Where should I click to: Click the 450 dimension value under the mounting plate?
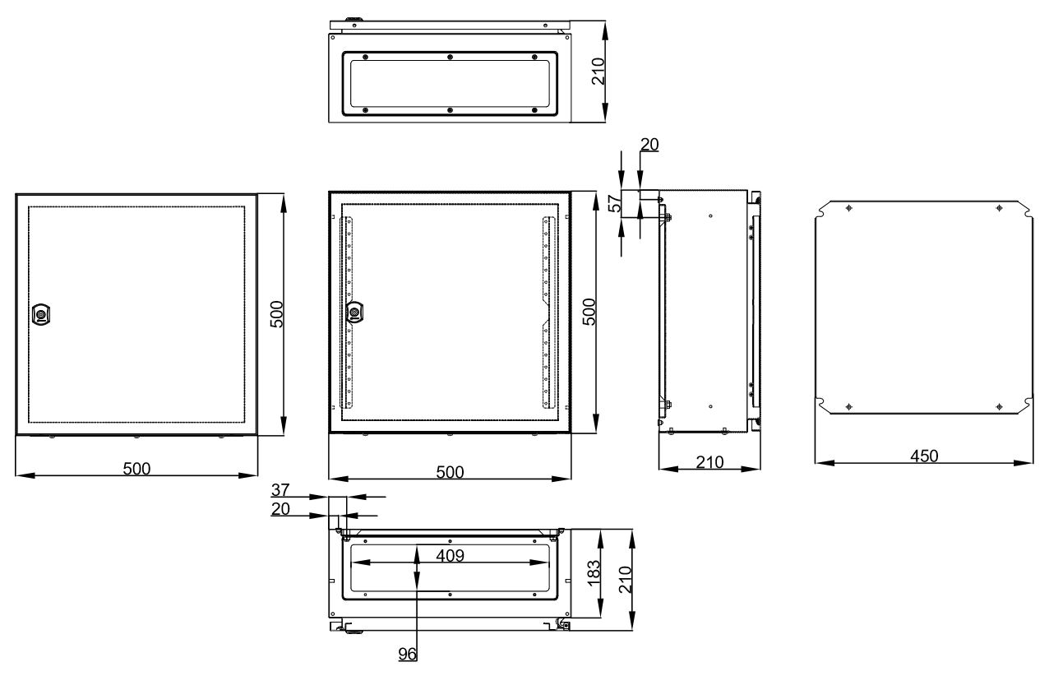coord(924,456)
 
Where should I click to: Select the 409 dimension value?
coord(450,556)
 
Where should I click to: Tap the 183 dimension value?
coord(593,573)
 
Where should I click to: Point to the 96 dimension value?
coord(408,654)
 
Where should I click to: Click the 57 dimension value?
coord(614,204)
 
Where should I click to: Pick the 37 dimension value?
coord(280,490)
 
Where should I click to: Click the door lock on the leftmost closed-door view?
coord(41,314)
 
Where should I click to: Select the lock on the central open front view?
coord(354,312)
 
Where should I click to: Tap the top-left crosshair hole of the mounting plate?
coord(848,208)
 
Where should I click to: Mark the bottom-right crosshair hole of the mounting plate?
coord(999,406)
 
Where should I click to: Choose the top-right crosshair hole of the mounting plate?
coord(999,208)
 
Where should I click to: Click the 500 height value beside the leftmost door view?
coord(277,314)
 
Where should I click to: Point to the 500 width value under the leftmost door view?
coord(136,469)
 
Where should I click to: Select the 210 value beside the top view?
coord(598,72)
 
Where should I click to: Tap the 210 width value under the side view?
coord(710,463)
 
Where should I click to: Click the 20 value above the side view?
coord(649,145)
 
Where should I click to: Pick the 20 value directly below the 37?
coord(280,509)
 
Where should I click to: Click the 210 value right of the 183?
coord(625,580)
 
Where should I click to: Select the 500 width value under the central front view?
coord(450,472)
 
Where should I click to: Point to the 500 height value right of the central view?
coord(589,312)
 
